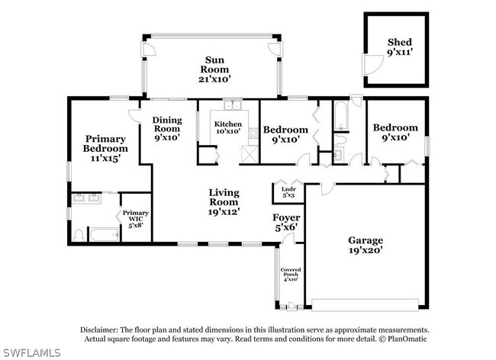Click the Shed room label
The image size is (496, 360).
point(400,42)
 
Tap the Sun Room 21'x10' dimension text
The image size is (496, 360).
point(214,79)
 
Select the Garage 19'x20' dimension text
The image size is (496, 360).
point(366,250)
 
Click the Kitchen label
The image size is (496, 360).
point(227,124)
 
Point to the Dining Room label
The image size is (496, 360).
point(167,124)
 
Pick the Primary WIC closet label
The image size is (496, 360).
point(136,216)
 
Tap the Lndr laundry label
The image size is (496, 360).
point(288,189)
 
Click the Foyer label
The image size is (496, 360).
point(286,217)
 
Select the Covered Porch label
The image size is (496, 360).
point(291,272)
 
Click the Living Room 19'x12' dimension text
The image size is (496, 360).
point(224,212)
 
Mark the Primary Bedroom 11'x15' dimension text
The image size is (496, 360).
point(105,158)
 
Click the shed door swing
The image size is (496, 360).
point(373,65)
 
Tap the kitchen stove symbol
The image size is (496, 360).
point(253,133)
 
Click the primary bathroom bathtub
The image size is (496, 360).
point(105,235)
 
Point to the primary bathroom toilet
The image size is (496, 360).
point(78,236)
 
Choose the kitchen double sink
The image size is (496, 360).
point(233,105)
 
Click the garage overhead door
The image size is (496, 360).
point(365,304)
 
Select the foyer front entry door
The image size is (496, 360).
point(288,239)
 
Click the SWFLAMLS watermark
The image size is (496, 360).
point(31,352)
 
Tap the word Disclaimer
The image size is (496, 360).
point(99,330)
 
